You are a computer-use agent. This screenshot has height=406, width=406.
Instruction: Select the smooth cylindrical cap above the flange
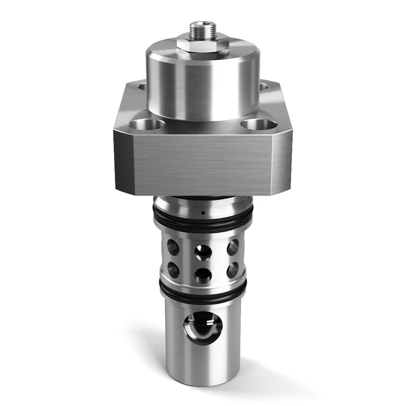point(203,81)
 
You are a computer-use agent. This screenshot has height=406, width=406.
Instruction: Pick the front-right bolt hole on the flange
point(259,124)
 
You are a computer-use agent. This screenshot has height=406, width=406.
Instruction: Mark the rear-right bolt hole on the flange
point(263,86)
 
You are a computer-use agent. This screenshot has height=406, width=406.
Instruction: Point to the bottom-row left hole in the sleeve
point(173,270)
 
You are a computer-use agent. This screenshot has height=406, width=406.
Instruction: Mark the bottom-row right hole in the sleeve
point(232,270)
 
